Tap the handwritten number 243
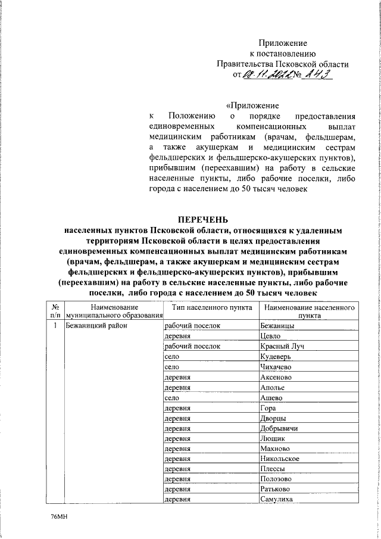[314, 75]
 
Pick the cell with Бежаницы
[277, 326]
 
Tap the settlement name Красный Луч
[282, 347]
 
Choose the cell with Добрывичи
[279, 428]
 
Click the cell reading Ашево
[271, 398]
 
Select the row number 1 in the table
[55, 326]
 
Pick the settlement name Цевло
[271, 337]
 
